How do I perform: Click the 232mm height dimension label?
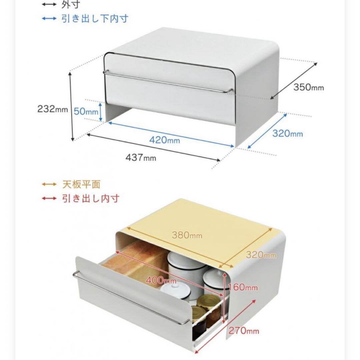point(53,109)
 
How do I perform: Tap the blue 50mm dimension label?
point(86,111)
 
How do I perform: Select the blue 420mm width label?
point(165,140)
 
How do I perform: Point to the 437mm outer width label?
point(141,157)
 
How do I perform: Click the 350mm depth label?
point(309,87)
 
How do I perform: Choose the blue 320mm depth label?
point(287,133)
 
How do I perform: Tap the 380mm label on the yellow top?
point(187,235)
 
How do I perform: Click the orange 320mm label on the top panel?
point(261,255)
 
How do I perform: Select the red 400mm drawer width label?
point(161,280)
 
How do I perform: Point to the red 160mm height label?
point(243,287)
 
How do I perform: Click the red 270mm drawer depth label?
point(244,331)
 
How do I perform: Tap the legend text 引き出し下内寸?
point(95,18)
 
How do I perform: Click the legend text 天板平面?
point(81,184)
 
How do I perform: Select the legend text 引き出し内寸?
point(91,198)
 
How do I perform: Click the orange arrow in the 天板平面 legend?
point(49,184)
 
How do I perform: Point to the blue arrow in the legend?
point(49,18)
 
